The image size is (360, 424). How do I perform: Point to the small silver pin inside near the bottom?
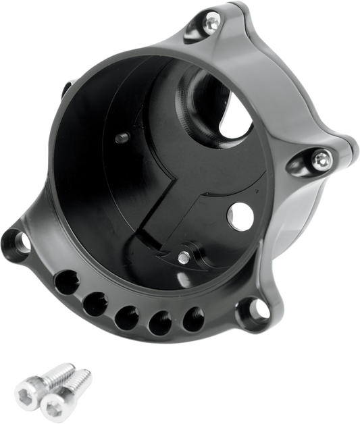coord(184,257)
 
